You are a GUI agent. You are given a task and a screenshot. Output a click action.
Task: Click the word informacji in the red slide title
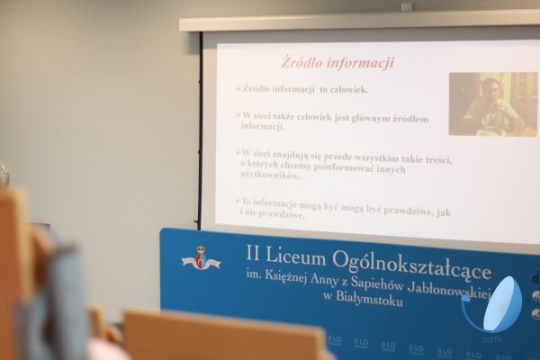pyautogui.click(x=361, y=63)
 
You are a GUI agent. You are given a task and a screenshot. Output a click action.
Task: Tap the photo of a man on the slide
pyautogui.click(x=491, y=104)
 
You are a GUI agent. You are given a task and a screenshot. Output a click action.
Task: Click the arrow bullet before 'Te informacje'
pyautogui.click(x=238, y=201)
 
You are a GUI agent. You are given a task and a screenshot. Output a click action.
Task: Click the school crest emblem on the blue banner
pyautogui.click(x=201, y=260)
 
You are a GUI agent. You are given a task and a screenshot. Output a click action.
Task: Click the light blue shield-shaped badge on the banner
pyautogui.click(x=501, y=304)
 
